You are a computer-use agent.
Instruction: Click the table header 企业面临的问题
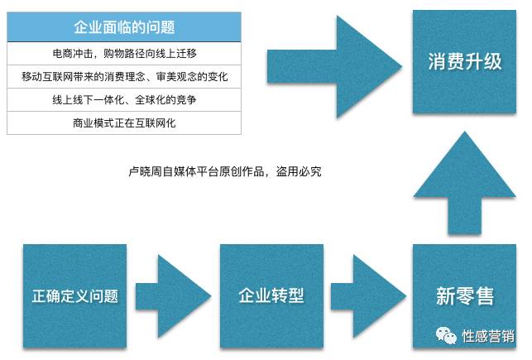point(124,27)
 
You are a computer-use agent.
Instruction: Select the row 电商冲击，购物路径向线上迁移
point(124,53)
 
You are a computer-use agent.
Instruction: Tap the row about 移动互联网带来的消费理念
point(124,76)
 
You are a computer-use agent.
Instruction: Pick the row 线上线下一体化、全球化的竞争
point(124,99)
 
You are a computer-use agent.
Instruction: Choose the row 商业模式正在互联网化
point(124,122)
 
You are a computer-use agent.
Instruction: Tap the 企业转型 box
point(271,295)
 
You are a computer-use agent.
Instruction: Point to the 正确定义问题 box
point(75,295)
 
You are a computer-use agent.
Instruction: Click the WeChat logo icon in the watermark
point(448,336)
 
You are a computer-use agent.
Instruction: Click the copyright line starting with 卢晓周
point(225,172)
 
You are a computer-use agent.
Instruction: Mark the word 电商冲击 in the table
point(72,53)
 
